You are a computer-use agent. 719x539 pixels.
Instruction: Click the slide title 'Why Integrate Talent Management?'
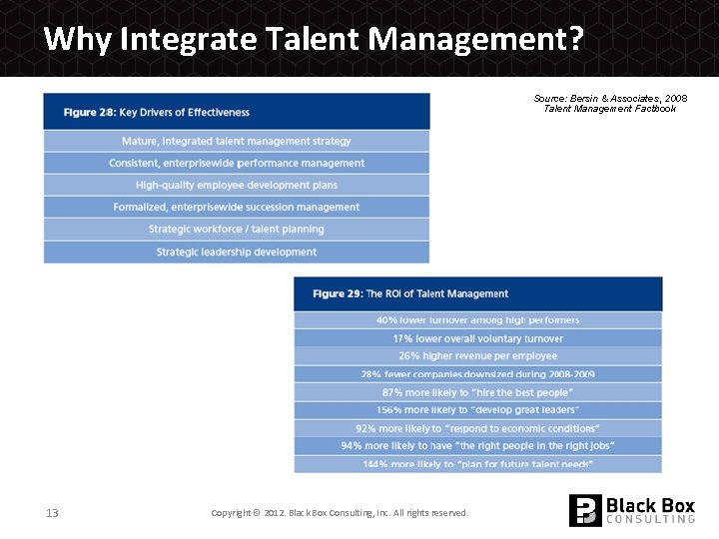(x=314, y=39)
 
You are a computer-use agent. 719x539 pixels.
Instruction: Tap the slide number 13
(x=52, y=513)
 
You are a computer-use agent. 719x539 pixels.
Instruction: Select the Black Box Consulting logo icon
(x=585, y=510)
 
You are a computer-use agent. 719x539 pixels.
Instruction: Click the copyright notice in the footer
(x=340, y=513)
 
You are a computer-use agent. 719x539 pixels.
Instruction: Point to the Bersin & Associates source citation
(x=610, y=103)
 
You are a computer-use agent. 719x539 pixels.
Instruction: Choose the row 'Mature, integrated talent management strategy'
(x=237, y=141)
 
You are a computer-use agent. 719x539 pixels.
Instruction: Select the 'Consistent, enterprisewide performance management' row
(x=237, y=163)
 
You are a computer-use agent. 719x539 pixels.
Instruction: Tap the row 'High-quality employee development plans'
(x=237, y=185)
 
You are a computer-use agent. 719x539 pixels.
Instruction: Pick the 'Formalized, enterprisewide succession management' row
(x=237, y=207)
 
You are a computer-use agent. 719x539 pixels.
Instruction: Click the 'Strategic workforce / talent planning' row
(x=237, y=230)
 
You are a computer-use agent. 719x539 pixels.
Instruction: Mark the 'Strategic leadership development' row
(x=237, y=252)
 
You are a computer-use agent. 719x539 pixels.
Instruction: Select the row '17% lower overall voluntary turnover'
(x=477, y=338)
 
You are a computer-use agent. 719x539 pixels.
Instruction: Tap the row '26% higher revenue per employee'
(x=477, y=355)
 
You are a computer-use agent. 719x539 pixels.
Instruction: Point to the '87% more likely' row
(x=477, y=392)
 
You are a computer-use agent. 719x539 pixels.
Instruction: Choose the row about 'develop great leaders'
(x=477, y=410)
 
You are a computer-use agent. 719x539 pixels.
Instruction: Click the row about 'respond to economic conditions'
(x=477, y=428)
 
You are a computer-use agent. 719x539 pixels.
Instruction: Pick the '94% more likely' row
(x=477, y=445)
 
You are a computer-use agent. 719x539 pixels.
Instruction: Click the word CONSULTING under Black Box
(x=650, y=519)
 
